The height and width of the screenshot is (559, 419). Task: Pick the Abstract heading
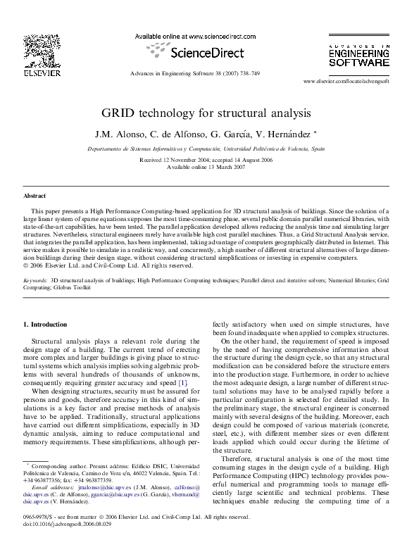click(x=35, y=196)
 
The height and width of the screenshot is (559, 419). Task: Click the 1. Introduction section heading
click(x=45, y=325)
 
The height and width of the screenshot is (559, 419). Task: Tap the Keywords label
click(x=35, y=279)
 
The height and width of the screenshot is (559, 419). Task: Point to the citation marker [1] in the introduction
click(x=182, y=381)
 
